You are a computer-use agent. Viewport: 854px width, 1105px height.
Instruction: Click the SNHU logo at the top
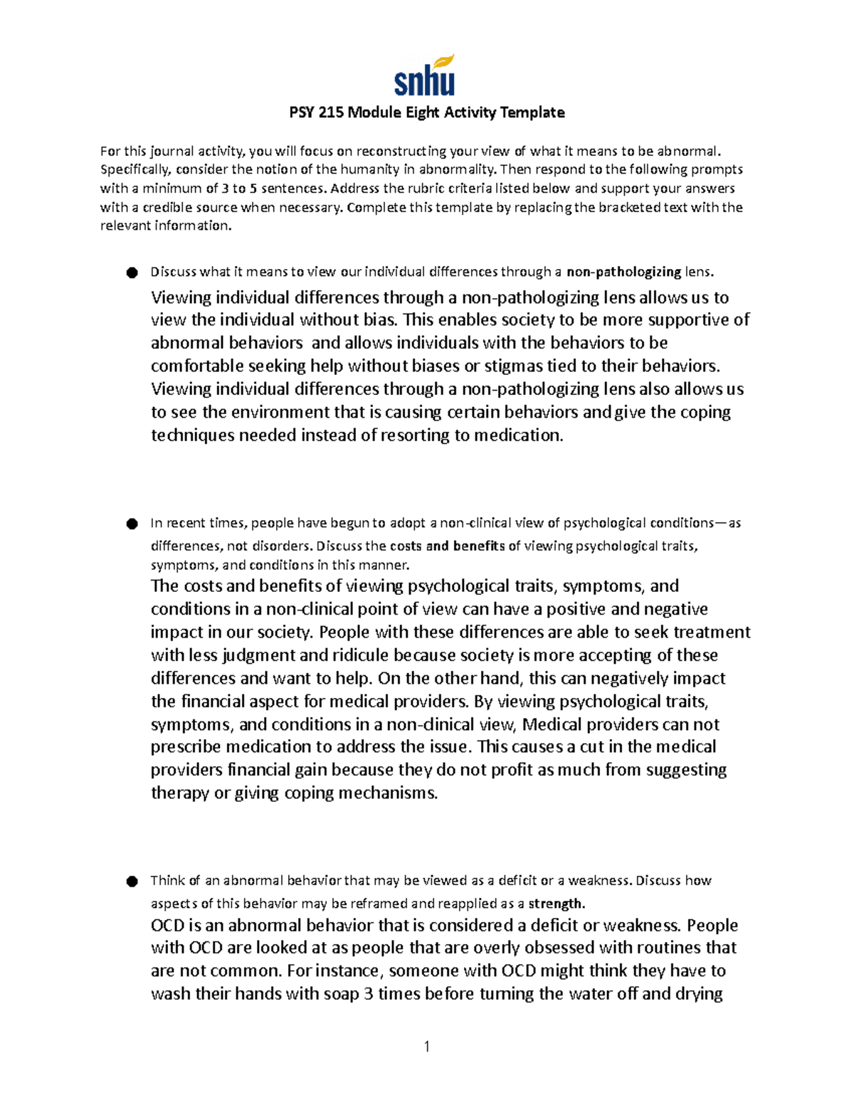[425, 76]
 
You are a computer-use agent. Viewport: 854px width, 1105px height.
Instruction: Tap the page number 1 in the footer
[426, 1046]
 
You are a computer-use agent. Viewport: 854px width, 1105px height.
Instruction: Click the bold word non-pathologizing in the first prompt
[623, 272]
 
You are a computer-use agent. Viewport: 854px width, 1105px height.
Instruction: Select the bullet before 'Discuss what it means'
[132, 273]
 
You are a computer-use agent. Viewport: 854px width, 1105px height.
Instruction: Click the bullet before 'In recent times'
[132, 524]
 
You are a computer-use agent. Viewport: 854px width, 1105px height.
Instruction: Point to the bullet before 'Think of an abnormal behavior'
[132, 882]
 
